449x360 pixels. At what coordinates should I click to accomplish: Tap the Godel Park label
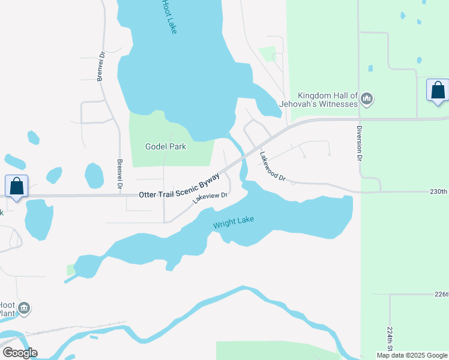coord(166,146)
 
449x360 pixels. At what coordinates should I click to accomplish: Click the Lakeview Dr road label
coord(211,197)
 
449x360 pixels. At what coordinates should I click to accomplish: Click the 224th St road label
coord(389,340)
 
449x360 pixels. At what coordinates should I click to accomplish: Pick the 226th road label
coord(441,295)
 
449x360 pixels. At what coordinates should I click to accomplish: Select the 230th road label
coord(438,191)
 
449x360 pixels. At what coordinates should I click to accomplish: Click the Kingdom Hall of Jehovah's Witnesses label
coord(328,100)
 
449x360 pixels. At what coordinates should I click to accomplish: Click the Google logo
coord(20,353)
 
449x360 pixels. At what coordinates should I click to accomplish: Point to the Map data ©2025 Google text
coord(411,355)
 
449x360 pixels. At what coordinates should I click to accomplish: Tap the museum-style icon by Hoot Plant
coord(24,309)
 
